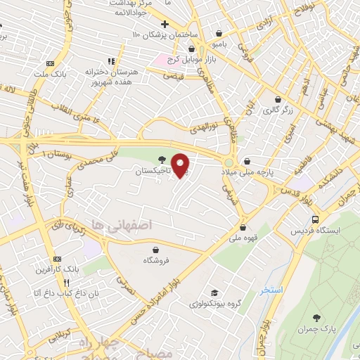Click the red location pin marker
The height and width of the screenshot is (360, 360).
pos(181,165)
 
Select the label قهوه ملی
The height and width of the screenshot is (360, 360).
pos(243,237)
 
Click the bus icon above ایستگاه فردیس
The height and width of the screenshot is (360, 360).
pos(316,219)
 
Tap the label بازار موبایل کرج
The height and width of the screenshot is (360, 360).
pos(180,59)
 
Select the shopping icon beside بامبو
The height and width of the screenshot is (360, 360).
pos(220,33)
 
